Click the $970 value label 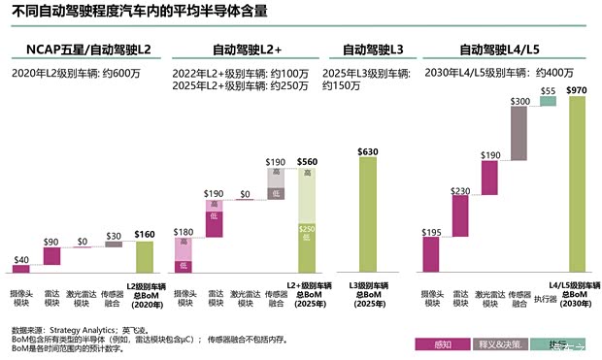point(577,90)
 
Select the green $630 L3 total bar point(368,214)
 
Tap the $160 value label point(145,234)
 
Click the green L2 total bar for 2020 point(145,257)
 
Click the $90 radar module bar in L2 point(52,256)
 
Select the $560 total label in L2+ point(307,162)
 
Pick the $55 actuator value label point(548,90)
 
